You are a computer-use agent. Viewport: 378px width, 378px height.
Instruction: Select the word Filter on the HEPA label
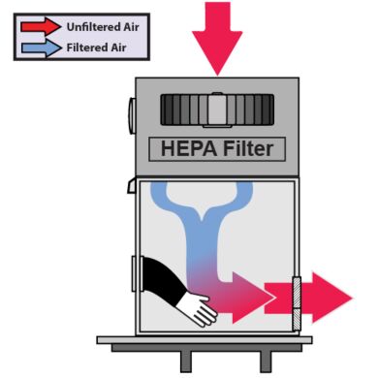click(246, 149)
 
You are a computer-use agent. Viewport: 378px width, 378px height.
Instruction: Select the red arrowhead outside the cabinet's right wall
click(334, 296)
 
